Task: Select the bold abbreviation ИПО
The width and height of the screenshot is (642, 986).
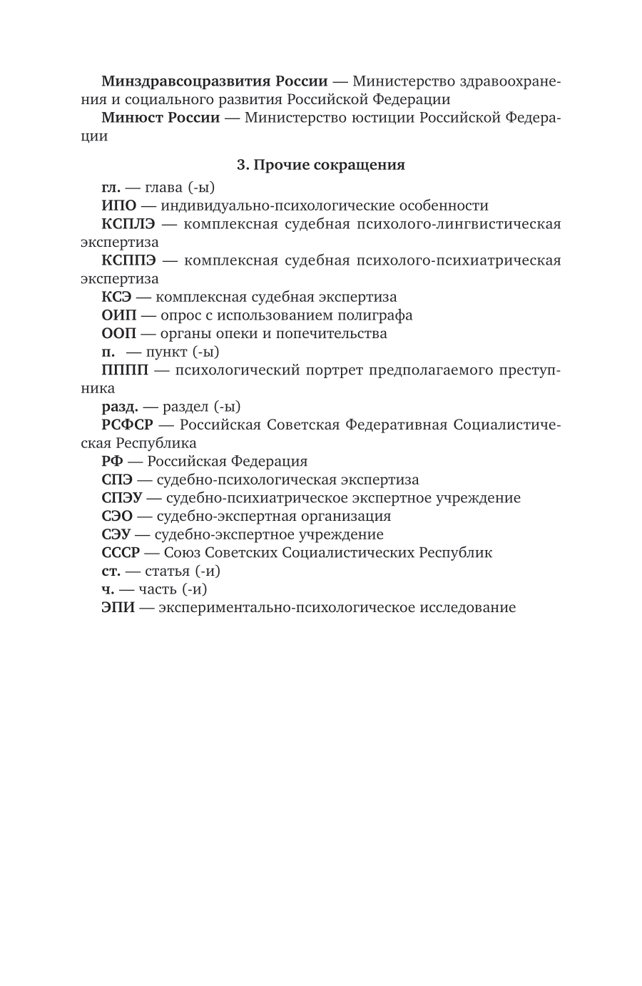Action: (x=118, y=206)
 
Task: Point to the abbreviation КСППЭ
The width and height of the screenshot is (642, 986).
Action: (x=128, y=260)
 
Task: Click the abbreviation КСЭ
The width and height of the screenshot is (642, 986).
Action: (x=116, y=298)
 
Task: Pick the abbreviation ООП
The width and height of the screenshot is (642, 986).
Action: (x=118, y=334)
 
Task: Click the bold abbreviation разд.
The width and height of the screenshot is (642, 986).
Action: (x=119, y=407)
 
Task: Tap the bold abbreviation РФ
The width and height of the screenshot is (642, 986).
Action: (x=111, y=462)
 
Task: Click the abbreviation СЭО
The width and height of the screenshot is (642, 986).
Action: (x=117, y=516)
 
